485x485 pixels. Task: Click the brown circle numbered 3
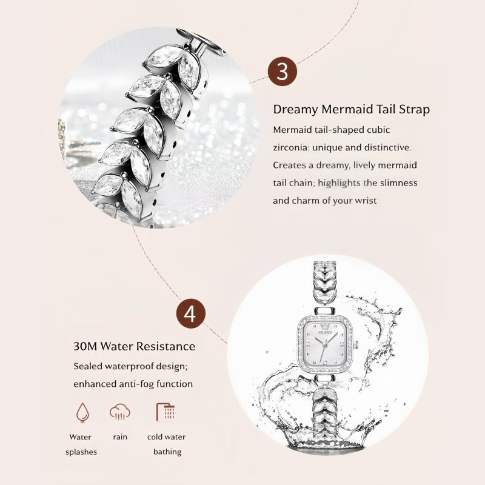[282, 72]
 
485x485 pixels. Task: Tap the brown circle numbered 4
[191, 313]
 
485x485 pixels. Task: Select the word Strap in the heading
[414, 110]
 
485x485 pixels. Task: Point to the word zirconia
[291, 147]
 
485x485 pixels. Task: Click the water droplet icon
[82, 412]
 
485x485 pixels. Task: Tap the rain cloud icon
[120, 412]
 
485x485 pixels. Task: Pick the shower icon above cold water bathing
[166, 412]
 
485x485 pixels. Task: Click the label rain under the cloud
[120, 437]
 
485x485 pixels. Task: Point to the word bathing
[167, 452]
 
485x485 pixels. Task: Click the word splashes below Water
[81, 452]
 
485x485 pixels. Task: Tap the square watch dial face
[324, 344]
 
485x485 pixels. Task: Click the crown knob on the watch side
[356, 344]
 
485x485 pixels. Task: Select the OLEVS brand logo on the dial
[325, 332]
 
